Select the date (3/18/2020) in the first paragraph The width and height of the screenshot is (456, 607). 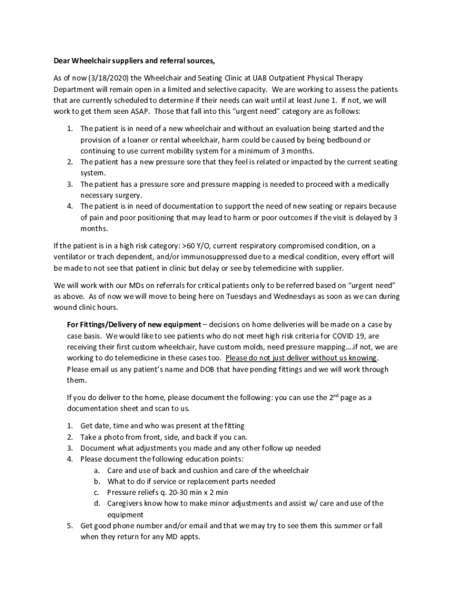pyautogui.click(x=104, y=78)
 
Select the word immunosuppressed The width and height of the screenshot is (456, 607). pyautogui.click(x=221, y=257)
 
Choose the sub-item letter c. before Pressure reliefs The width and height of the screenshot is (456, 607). pyautogui.click(x=96, y=493)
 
